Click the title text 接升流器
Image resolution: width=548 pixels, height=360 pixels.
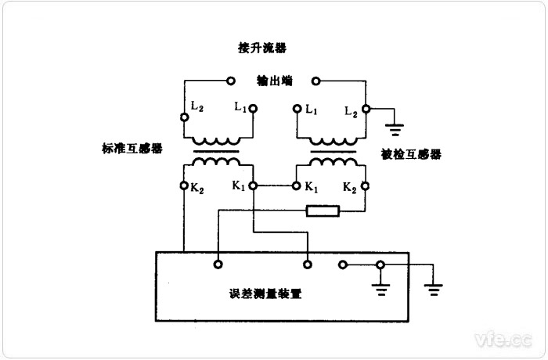pos(262,48)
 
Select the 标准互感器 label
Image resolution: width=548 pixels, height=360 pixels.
pos(132,149)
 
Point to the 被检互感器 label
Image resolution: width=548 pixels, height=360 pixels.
pos(411,154)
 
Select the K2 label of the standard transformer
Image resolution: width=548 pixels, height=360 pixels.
pos(196,187)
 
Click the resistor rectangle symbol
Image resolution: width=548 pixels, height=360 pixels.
pos(323,210)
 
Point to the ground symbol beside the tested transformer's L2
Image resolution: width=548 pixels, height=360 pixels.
pos(396,125)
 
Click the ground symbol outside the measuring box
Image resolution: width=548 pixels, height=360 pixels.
pos(433,289)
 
